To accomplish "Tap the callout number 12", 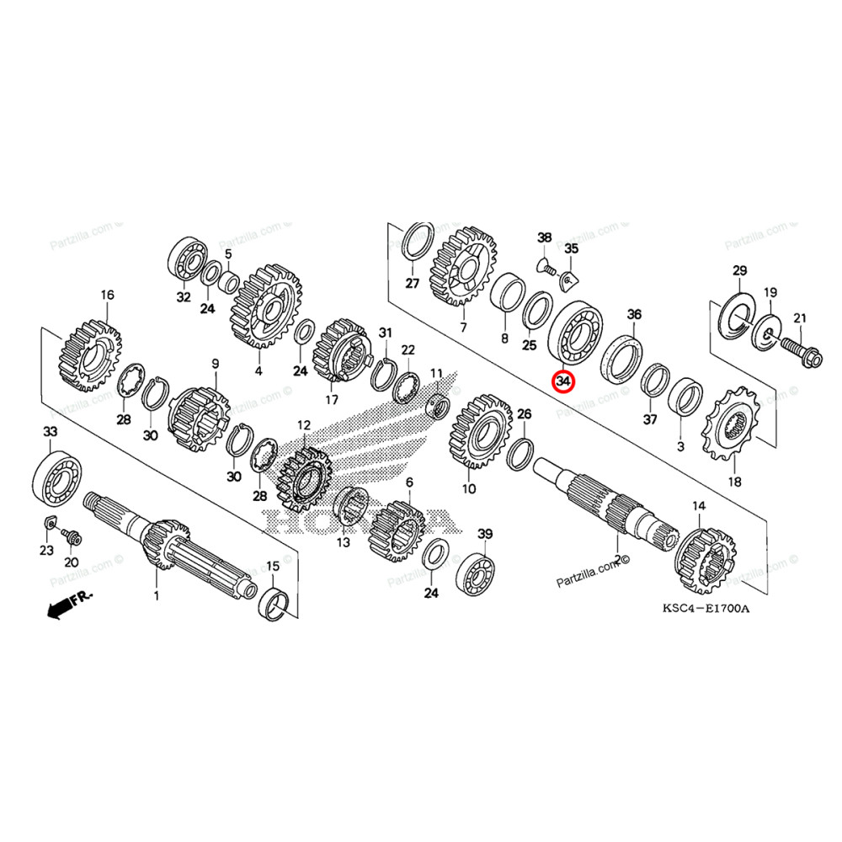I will tap(303, 426).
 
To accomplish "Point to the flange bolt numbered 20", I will tap(67, 536).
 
